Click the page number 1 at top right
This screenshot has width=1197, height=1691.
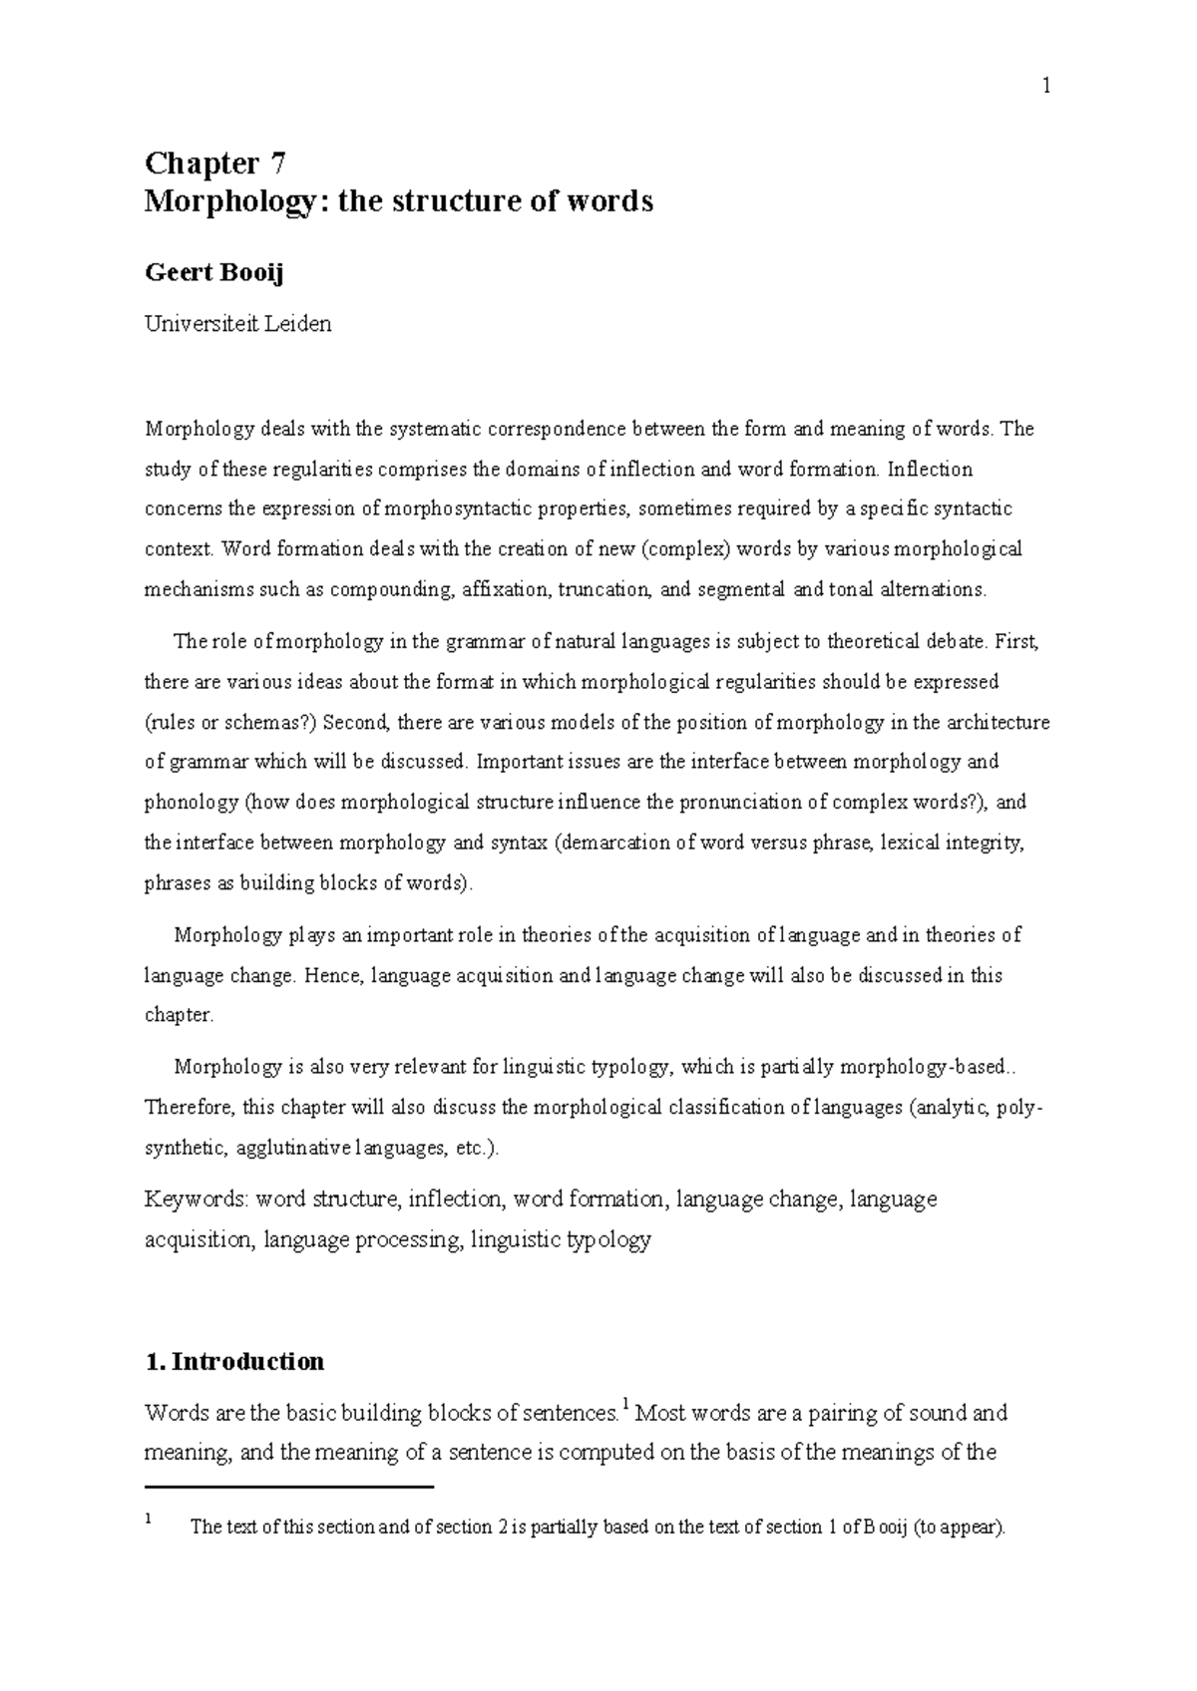(x=1046, y=87)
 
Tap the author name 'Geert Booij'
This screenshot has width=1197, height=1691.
(x=213, y=272)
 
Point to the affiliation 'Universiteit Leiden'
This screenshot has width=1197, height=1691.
(x=237, y=324)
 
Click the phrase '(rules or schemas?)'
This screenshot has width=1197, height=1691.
(x=230, y=723)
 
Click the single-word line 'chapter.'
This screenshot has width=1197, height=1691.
(x=179, y=1015)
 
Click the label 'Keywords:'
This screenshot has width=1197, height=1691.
(x=197, y=1198)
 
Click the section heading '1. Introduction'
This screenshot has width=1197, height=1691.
(x=234, y=1361)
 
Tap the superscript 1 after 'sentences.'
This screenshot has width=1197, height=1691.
(x=624, y=1406)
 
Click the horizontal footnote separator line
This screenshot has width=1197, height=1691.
(x=289, y=1487)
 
